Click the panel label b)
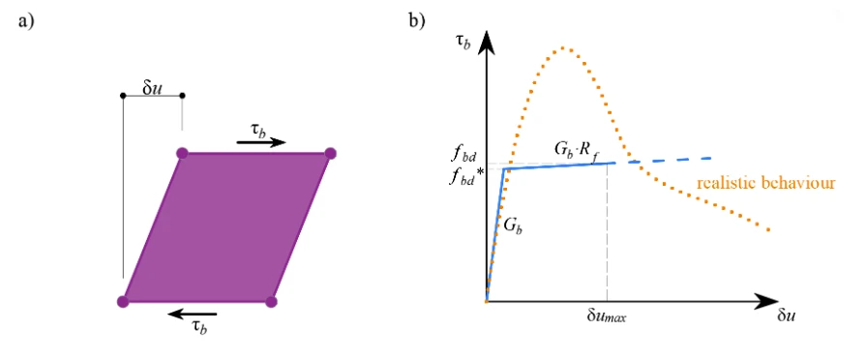coord(416,20)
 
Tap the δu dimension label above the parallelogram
coord(152,88)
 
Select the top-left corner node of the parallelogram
coord(182,153)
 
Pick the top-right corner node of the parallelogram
coord(330,153)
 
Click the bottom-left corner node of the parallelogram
coord(123,301)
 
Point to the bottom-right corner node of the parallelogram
coord(271,301)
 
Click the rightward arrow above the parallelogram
coord(261,142)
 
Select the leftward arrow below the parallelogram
coord(193,315)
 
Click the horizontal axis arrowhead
coord(771,302)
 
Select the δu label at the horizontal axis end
coord(787,317)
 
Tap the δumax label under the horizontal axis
coord(607,317)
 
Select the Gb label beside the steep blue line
coord(512,225)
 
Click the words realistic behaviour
coord(765,183)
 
